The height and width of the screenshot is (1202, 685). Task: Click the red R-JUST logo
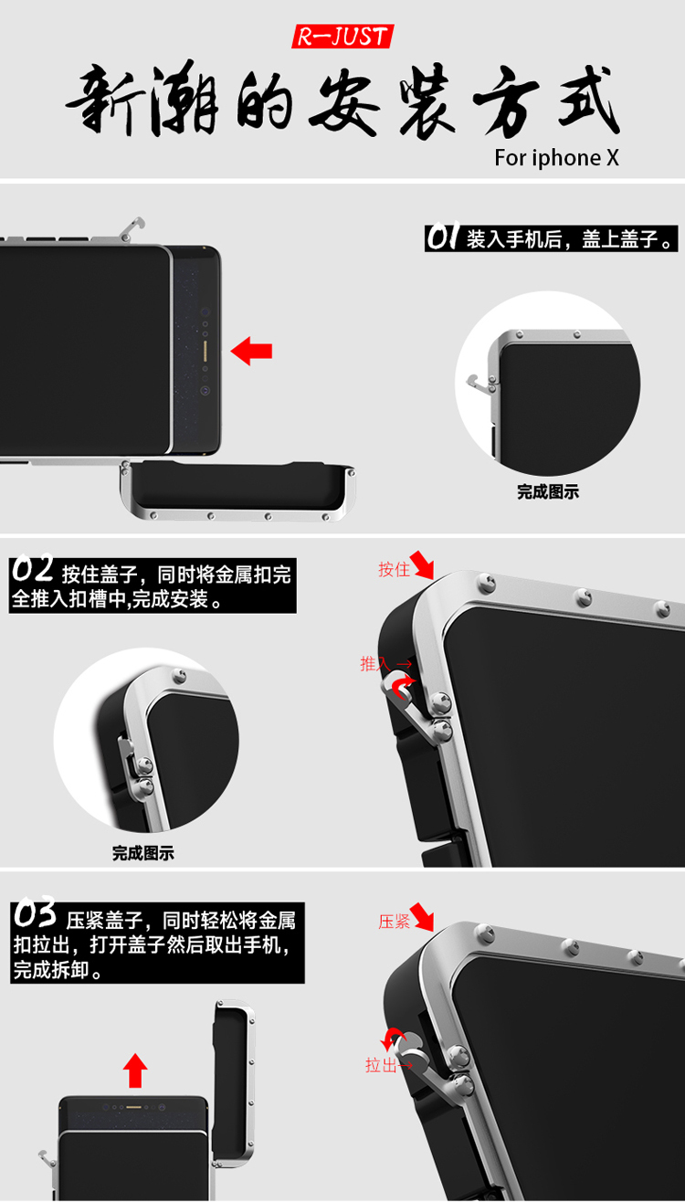tap(342, 37)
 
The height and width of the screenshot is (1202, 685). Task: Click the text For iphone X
tap(556, 158)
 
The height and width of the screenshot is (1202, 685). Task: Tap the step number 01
tap(444, 238)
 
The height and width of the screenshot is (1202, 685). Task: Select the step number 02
tap(33, 571)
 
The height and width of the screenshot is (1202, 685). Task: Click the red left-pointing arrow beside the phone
tap(251, 351)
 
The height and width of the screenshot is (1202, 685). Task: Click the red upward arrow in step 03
tap(135, 1070)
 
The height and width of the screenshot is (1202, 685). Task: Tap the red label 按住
tap(394, 570)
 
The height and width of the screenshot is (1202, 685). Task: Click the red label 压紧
tap(394, 922)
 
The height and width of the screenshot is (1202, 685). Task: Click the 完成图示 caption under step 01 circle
tap(548, 491)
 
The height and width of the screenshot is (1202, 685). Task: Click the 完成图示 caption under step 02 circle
tap(143, 853)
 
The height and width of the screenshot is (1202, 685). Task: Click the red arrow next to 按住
tap(423, 564)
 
